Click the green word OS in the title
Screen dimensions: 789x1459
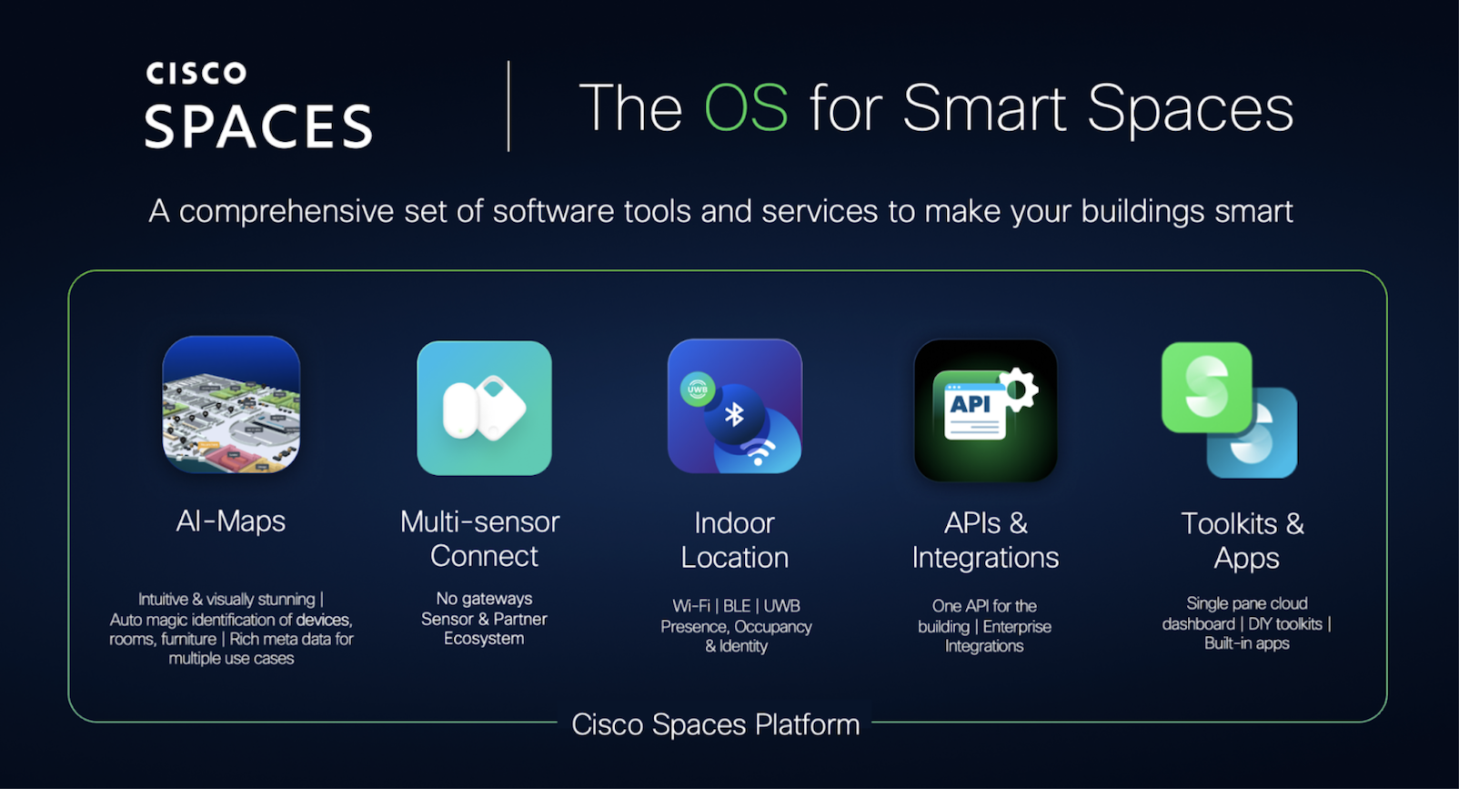(x=746, y=108)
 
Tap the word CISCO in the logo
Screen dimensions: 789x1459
(x=196, y=74)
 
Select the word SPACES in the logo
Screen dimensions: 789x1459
(x=258, y=126)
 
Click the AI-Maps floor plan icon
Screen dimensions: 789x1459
(x=231, y=405)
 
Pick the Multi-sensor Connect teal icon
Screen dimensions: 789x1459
(x=484, y=408)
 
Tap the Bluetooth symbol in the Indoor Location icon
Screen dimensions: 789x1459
(x=734, y=415)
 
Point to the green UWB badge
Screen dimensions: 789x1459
(x=697, y=389)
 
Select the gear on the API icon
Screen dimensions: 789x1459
(x=1018, y=389)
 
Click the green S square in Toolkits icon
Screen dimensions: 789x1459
(x=1206, y=387)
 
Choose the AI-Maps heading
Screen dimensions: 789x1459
(x=231, y=521)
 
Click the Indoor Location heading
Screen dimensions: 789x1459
(x=735, y=540)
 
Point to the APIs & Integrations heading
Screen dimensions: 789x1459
(x=985, y=540)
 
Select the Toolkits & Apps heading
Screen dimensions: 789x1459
(x=1243, y=541)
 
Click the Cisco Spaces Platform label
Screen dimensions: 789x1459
(x=715, y=724)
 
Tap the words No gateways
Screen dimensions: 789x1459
(x=484, y=599)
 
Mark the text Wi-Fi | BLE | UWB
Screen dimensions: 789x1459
(x=736, y=606)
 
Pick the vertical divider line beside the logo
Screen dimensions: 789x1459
(x=508, y=106)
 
